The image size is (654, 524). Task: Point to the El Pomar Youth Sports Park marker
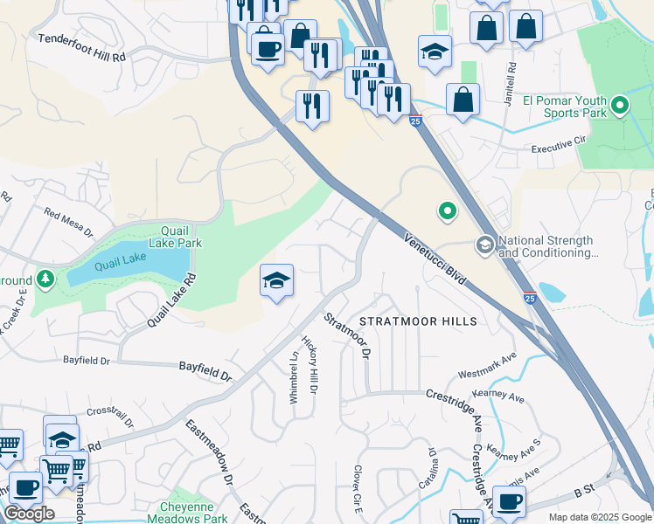click(x=620, y=107)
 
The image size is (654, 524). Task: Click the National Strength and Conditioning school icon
click(x=484, y=245)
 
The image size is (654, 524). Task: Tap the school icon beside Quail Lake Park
click(x=276, y=281)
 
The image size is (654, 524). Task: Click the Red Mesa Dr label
click(x=69, y=221)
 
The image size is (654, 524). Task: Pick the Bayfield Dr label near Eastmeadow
click(x=206, y=371)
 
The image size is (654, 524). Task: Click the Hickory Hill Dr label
click(x=309, y=362)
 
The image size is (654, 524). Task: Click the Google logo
click(x=29, y=514)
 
